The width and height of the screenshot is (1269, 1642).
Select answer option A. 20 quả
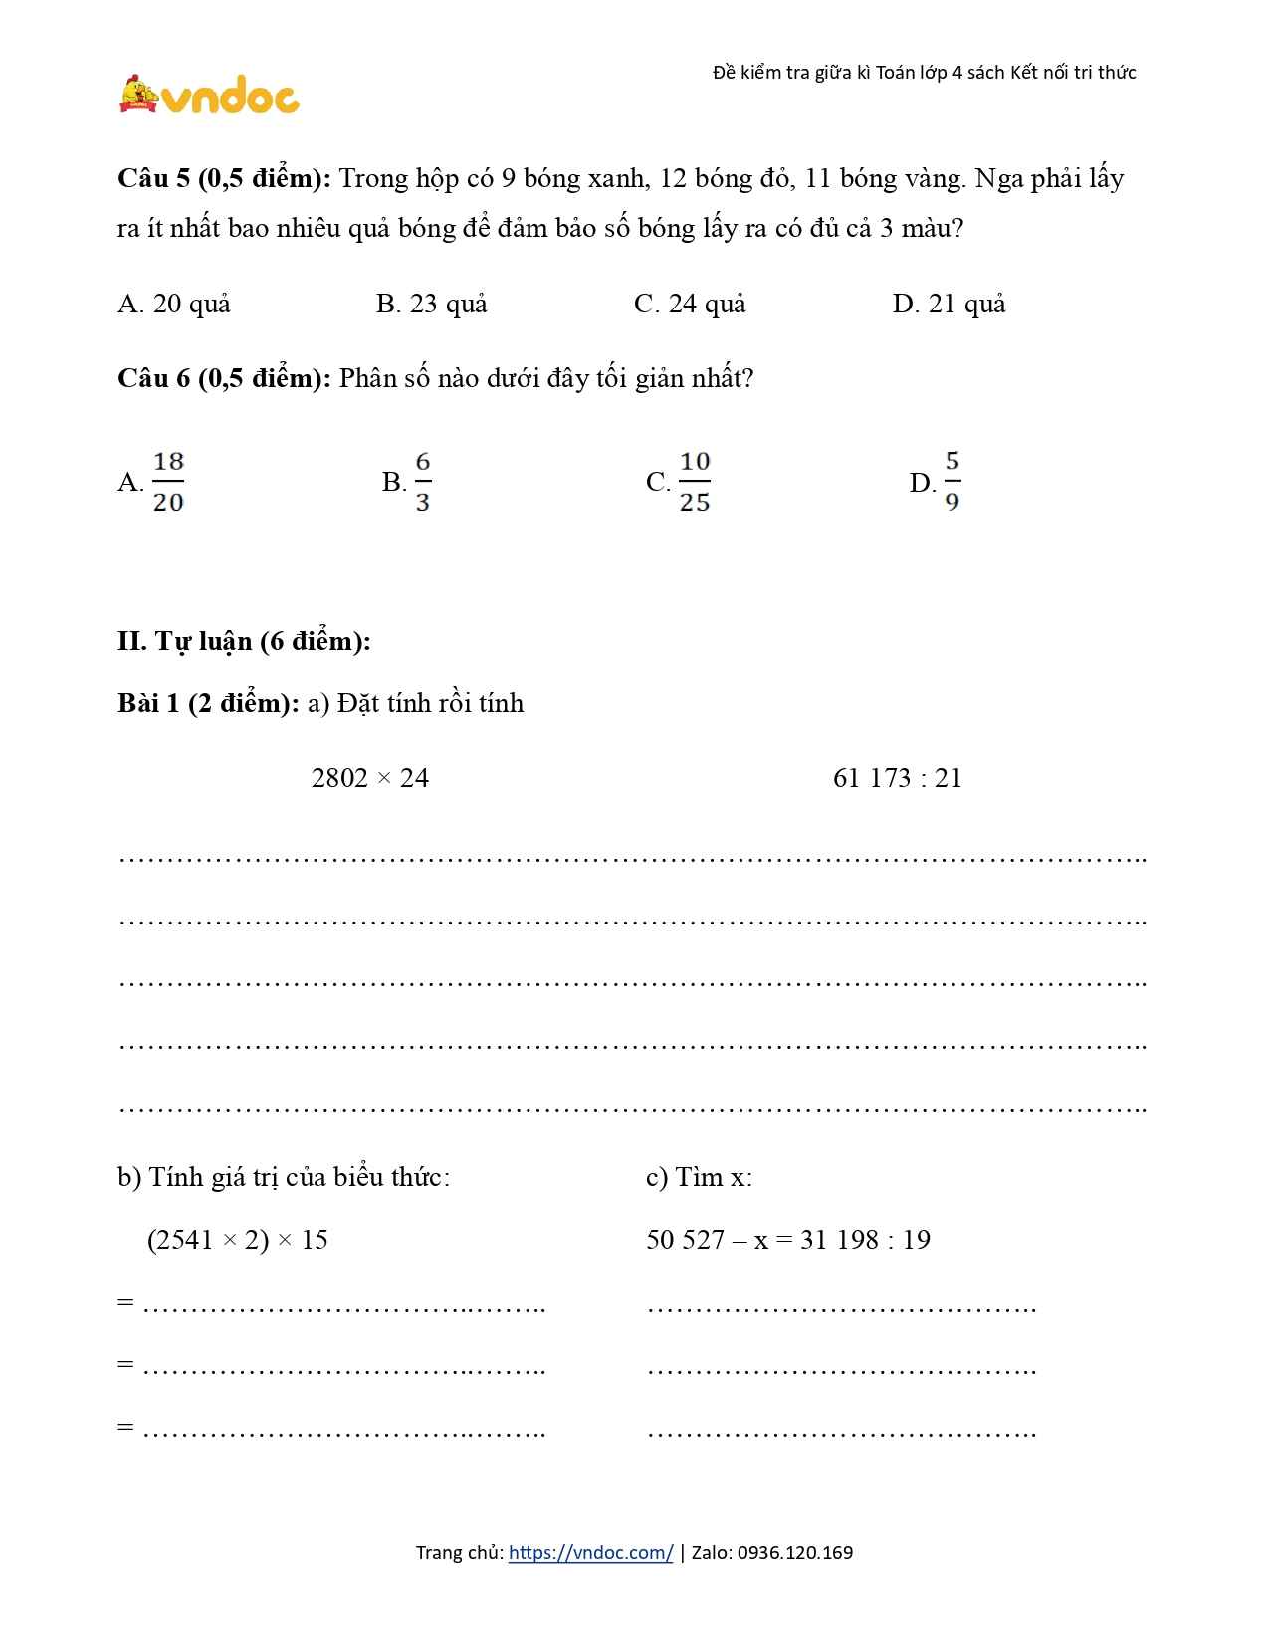(x=174, y=304)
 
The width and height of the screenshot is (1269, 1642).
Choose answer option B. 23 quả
(x=432, y=304)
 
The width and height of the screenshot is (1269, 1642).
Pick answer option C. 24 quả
(x=690, y=304)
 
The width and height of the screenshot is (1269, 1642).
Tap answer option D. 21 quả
(x=949, y=304)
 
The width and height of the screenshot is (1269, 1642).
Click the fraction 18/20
(x=168, y=482)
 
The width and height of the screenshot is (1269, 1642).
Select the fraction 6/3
(x=423, y=482)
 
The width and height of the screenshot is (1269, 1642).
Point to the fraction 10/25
(x=694, y=482)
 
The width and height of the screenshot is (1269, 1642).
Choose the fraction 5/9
(x=952, y=482)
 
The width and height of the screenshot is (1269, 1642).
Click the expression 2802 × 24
(x=370, y=778)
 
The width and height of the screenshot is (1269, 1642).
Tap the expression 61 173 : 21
(x=898, y=778)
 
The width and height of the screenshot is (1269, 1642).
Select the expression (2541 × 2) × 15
(x=237, y=1240)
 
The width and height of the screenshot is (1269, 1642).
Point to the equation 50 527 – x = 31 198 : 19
(x=788, y=1240)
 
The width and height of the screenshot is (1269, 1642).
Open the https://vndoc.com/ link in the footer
(x=590, y=1553)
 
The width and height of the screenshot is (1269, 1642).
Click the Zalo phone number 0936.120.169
(x=795, y=1553)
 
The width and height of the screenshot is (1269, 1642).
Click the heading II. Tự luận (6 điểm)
(x=244, y=641)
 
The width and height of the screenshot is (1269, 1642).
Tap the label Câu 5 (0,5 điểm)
(x=224, y=179)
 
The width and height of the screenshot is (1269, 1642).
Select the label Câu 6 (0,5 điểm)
(x=224, y=379)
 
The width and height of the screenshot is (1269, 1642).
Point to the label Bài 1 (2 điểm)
(x=208, y=703)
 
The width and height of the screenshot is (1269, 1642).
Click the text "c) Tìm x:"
(x=699, y=1177)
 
